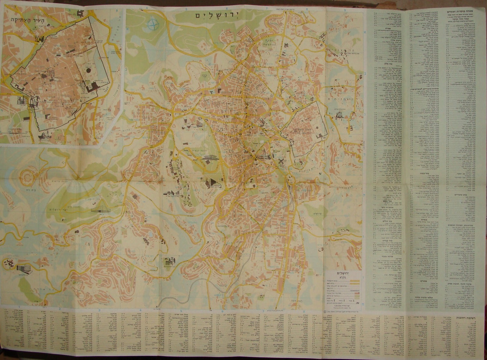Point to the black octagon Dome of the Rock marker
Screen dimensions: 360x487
click(88, 72)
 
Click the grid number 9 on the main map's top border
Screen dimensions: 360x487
click(344, 10)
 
